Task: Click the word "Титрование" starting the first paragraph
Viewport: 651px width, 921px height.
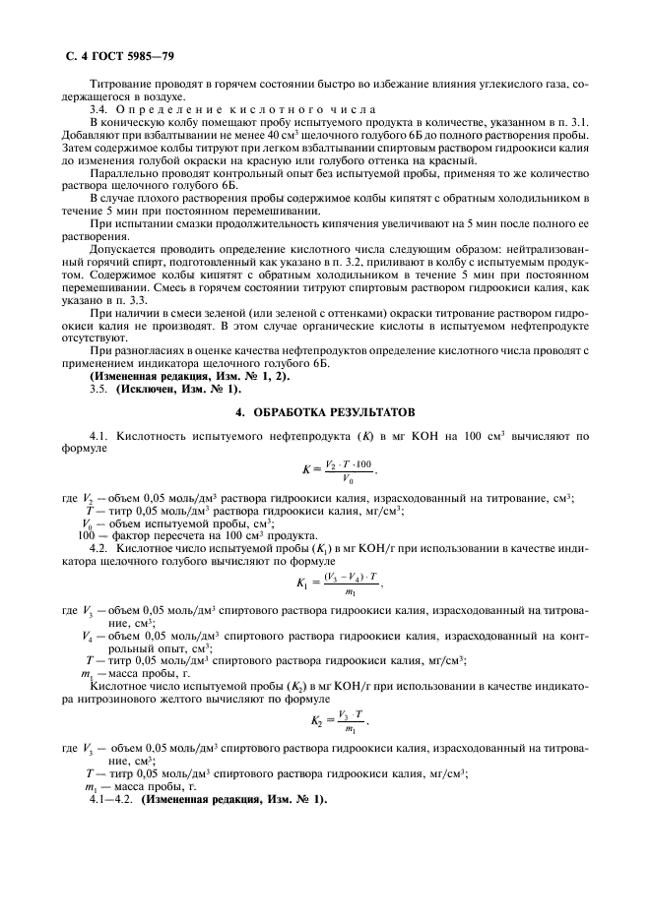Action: [x=119, y=84]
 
